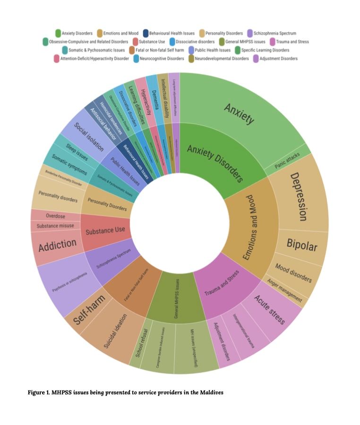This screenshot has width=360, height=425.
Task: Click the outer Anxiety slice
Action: [239, 113]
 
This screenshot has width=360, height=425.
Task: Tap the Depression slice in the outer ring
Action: [299, 196]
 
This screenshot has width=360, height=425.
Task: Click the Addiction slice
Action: [57, 245]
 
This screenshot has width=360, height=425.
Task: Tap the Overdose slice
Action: [56, 216]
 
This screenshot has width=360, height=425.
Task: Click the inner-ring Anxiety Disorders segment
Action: [215, 163]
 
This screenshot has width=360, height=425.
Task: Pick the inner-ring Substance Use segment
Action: [105, 230]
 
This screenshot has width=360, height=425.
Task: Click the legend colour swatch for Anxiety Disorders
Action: [58, 33]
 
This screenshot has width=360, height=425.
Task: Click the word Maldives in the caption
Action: [209, 392]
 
